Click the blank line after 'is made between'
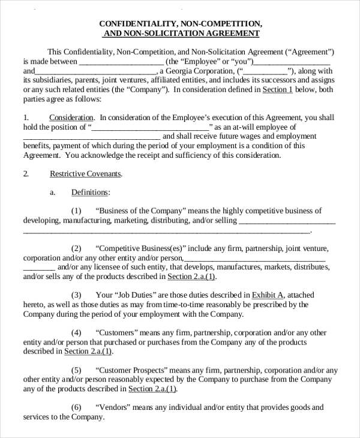tap(121, 62)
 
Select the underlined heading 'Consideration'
tap(71, 118)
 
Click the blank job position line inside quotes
tap(150, 127)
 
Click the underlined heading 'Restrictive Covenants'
tap(85, 174)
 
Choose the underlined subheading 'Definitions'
tap(90, 193)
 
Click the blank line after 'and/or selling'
tap(287, 221)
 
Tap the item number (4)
tap(76, 332)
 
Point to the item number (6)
tap(76, 407)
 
